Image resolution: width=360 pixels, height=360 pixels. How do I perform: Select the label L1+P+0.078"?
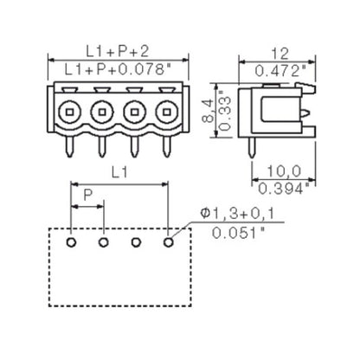(119, 67)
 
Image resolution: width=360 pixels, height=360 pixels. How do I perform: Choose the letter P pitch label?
(86, 196)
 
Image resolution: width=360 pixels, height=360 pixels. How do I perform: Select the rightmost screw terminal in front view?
(169, 111)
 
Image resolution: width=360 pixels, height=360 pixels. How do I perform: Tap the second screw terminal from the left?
(103, 111)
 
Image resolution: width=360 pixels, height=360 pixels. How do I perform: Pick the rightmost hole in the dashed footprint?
(169, 241)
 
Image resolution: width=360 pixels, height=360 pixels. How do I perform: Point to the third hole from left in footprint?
(136, 241)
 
